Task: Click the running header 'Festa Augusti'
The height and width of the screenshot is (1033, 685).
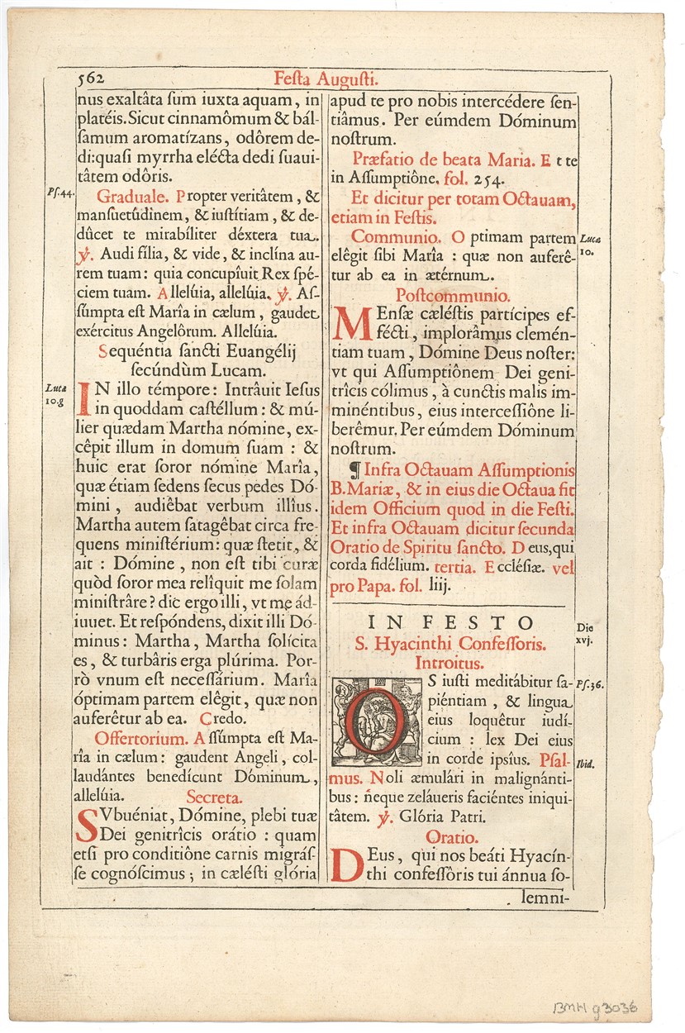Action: coord(326,79)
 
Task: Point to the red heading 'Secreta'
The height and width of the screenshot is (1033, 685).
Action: coord(214,797)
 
